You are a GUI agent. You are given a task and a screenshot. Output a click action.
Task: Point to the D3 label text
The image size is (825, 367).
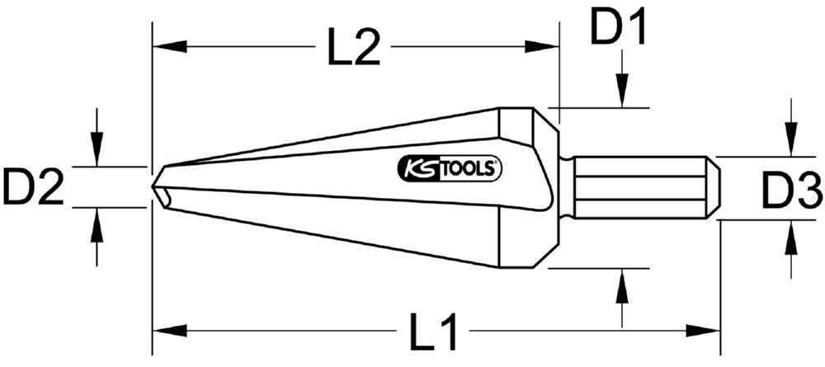[790, 194]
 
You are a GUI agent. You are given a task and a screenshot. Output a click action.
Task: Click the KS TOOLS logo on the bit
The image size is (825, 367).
[450, 168]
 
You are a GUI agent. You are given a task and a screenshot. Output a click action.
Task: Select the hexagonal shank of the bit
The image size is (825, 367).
[643, 187]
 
